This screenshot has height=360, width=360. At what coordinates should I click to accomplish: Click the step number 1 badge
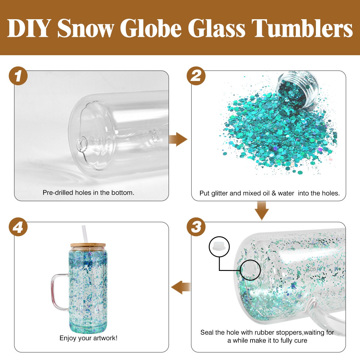click(x=18, y=76)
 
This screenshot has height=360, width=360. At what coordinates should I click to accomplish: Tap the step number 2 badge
click(x=196, y=76)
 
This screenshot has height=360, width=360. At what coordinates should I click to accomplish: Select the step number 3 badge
click(x=196, y=227)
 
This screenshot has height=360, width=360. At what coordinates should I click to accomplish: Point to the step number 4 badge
click(x=18, y=227)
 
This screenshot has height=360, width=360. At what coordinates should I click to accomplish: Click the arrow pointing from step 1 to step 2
click(x=178, y=139)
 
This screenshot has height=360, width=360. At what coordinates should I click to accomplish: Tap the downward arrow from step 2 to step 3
click(x=262, y=211)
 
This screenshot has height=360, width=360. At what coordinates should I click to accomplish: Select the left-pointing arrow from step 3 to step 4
click(x=181, y=287)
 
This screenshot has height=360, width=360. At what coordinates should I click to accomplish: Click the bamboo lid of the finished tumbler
click(x=88, y=245)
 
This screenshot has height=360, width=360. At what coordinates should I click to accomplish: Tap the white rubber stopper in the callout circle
click(x=219, y=246)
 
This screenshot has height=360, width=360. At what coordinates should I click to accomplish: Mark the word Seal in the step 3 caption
click(x=207, y=332)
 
